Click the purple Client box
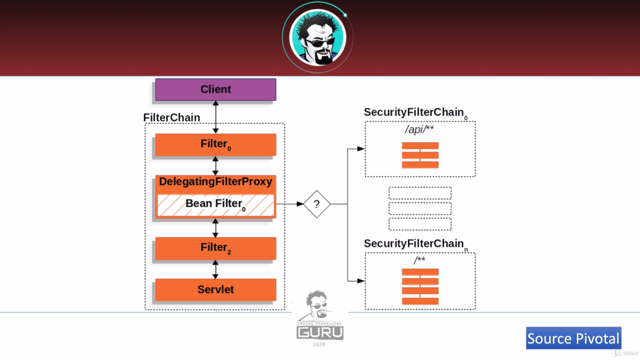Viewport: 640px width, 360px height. point(215,89)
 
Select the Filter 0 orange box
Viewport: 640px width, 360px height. point(215,144)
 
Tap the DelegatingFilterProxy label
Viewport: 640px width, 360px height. point(215,181)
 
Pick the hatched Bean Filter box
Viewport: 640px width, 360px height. point(215,204)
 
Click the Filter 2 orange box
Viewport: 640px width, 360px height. point(215,248)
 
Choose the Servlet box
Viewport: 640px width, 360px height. point(215,289)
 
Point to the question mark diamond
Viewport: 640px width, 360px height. point(316,204)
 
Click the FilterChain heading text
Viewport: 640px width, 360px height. point(171,117)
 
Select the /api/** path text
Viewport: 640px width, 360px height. point(419,130)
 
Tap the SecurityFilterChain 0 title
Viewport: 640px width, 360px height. point(415,112)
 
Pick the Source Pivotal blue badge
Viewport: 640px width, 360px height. point(573,338)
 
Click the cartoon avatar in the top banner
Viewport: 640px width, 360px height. point(317,37)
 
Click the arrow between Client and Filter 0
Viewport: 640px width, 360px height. point(215,117)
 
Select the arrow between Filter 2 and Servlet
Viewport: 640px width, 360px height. point(215,269)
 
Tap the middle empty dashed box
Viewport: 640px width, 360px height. point(420,208)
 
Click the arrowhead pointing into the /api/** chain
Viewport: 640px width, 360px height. point(361,148)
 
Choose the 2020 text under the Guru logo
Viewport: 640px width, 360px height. point(319,344)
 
